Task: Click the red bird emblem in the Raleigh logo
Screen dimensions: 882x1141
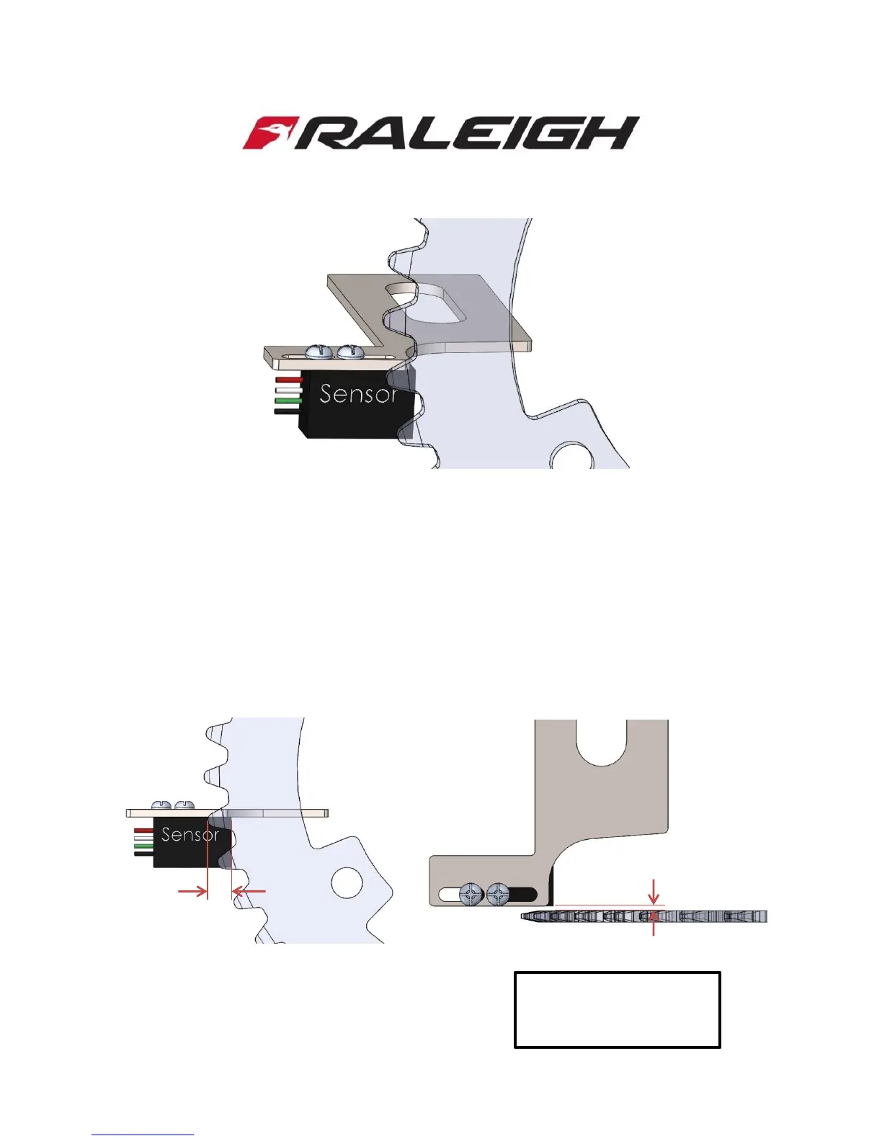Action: tap(267, 133)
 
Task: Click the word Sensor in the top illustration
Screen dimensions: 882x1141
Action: tap(358, 394)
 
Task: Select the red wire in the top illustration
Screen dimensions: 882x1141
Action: tap(288, 379)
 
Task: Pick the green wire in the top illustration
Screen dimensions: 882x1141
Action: tap(288, 401)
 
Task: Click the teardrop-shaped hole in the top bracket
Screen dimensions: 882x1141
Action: tap(424, 303)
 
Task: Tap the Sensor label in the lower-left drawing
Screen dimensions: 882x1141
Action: tap(190, 835)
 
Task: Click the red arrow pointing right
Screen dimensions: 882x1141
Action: tap(192, 892)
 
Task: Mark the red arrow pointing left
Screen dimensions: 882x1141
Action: tap(249, 892)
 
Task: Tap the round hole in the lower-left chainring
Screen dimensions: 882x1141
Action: tap(347, 882)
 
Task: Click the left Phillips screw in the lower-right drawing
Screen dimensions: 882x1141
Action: tap(471, 895)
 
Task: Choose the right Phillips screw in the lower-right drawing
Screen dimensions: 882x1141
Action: tap(498, 895)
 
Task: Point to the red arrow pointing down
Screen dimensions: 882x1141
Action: tap(654, 892)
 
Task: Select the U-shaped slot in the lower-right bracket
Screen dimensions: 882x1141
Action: tap(601, 742)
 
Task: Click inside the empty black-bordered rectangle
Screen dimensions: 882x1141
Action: tap(617, 1009)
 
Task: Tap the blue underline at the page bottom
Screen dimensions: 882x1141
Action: tap(143, 1135)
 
